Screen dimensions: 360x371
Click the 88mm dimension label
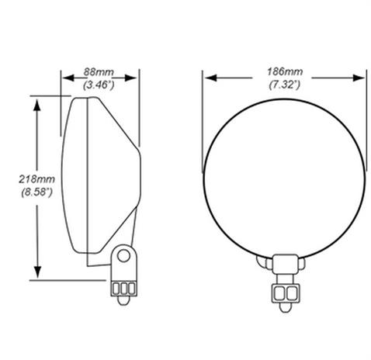tap(100, 72)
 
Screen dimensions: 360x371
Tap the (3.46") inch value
tap(100, 83)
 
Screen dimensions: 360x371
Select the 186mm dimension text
tap(284, 72)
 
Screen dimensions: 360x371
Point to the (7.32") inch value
tap(284, 83)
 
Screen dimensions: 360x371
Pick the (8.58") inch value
tap(17, 190)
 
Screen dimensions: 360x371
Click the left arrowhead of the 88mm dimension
tap(65, 77)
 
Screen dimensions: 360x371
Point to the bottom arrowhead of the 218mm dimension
tap(36, 275)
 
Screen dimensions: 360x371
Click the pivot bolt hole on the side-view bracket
tap(122, 254)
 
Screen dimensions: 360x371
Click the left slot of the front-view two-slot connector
tap(278, 292)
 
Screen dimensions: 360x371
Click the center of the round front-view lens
tap(284, 177)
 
